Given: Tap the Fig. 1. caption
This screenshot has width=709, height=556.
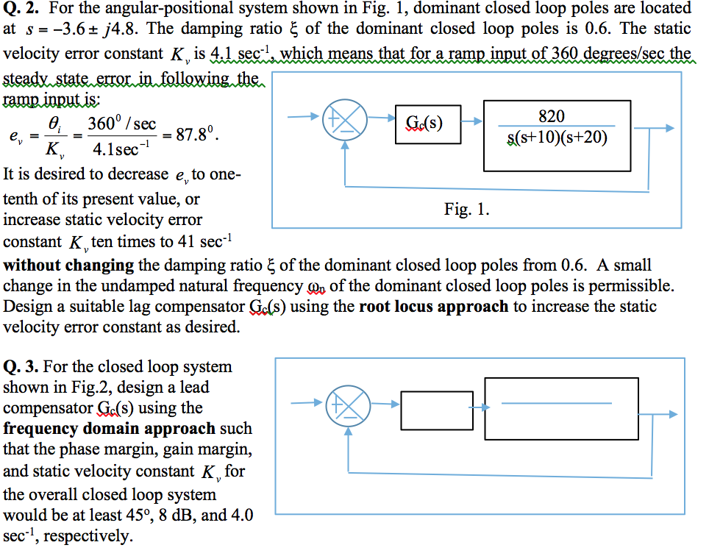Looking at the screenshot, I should click(x=466, y=209).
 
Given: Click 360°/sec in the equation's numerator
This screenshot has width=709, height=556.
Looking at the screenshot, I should click(x=121, y=124).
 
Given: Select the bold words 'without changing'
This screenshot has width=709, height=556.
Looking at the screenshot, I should click(x=68, y=265).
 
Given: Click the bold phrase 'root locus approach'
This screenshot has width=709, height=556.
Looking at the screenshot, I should click(x=433, y=306).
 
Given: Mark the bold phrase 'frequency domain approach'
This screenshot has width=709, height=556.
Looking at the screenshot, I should click(x=110, y=428).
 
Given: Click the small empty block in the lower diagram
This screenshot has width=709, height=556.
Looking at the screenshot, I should click(x=437, y=410).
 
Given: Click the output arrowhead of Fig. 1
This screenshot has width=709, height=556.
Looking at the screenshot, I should click(x=669, y=128).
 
